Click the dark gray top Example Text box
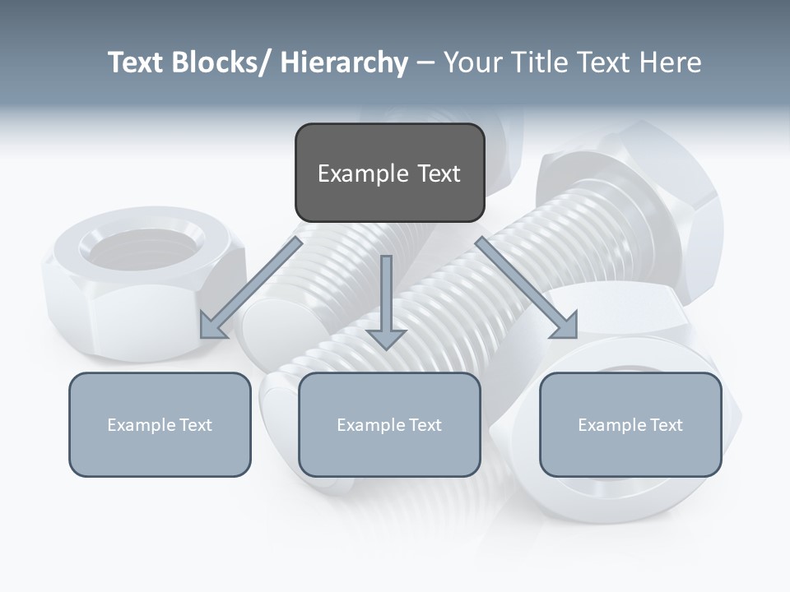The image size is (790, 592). pos(389,173)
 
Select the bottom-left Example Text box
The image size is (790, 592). pos(160,424)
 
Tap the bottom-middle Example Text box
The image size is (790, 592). pos(389,424)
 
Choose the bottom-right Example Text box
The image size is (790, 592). pos(630,424)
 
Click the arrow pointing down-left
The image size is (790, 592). pos(251,288)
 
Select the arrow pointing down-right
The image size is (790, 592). pos(527,288)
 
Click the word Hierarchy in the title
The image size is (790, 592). pos(344,62)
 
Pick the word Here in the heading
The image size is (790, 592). pos(671,62)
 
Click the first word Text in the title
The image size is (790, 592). pos(137,62)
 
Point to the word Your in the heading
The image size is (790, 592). pos(470,62)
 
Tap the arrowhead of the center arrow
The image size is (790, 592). pos(386,338)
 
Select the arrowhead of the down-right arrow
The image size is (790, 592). pos(565,326)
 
